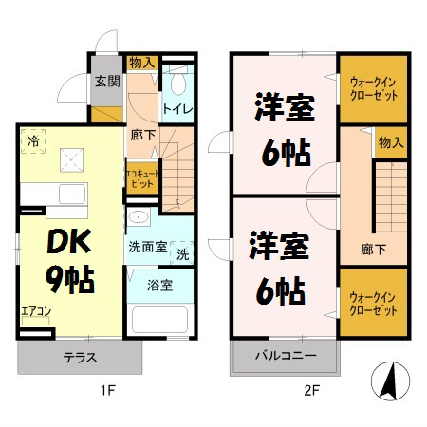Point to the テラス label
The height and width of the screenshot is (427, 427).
click(x=79, y=359)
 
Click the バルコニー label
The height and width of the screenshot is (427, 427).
click(x=285, y=358)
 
